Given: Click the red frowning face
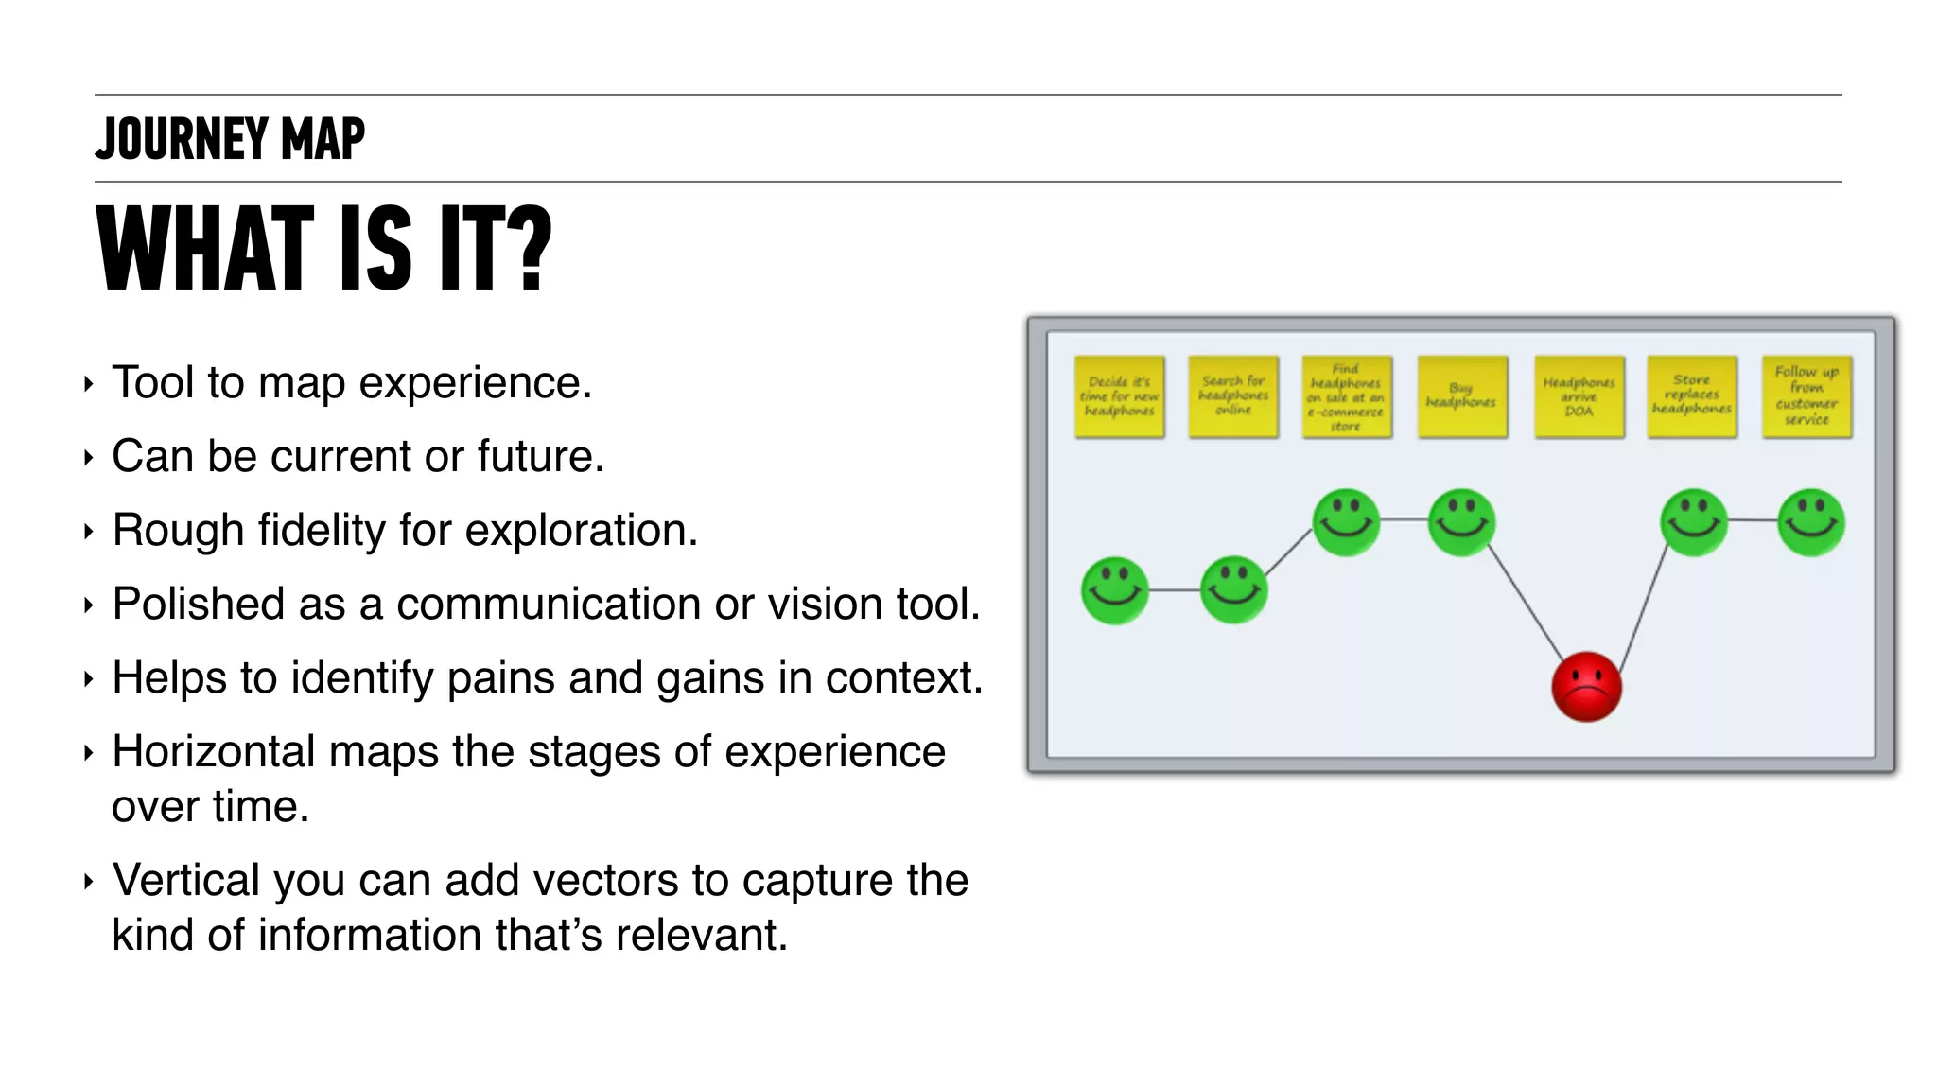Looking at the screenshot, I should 1586,687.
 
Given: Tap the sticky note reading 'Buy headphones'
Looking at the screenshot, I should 1461,396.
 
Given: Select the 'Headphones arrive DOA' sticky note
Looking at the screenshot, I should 1579,396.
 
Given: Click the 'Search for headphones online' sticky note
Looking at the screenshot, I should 1233,396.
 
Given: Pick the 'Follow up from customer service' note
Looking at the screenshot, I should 1806,396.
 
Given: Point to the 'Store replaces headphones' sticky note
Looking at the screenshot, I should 1692,396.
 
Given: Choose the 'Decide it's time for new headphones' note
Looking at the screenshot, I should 1119,396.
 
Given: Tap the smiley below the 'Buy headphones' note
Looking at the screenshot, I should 1461,522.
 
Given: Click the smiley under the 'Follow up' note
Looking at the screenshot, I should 1810,522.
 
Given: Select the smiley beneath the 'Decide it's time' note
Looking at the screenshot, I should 1115,590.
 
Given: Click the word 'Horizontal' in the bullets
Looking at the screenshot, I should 213,752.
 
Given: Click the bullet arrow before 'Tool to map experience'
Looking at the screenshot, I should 89,384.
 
